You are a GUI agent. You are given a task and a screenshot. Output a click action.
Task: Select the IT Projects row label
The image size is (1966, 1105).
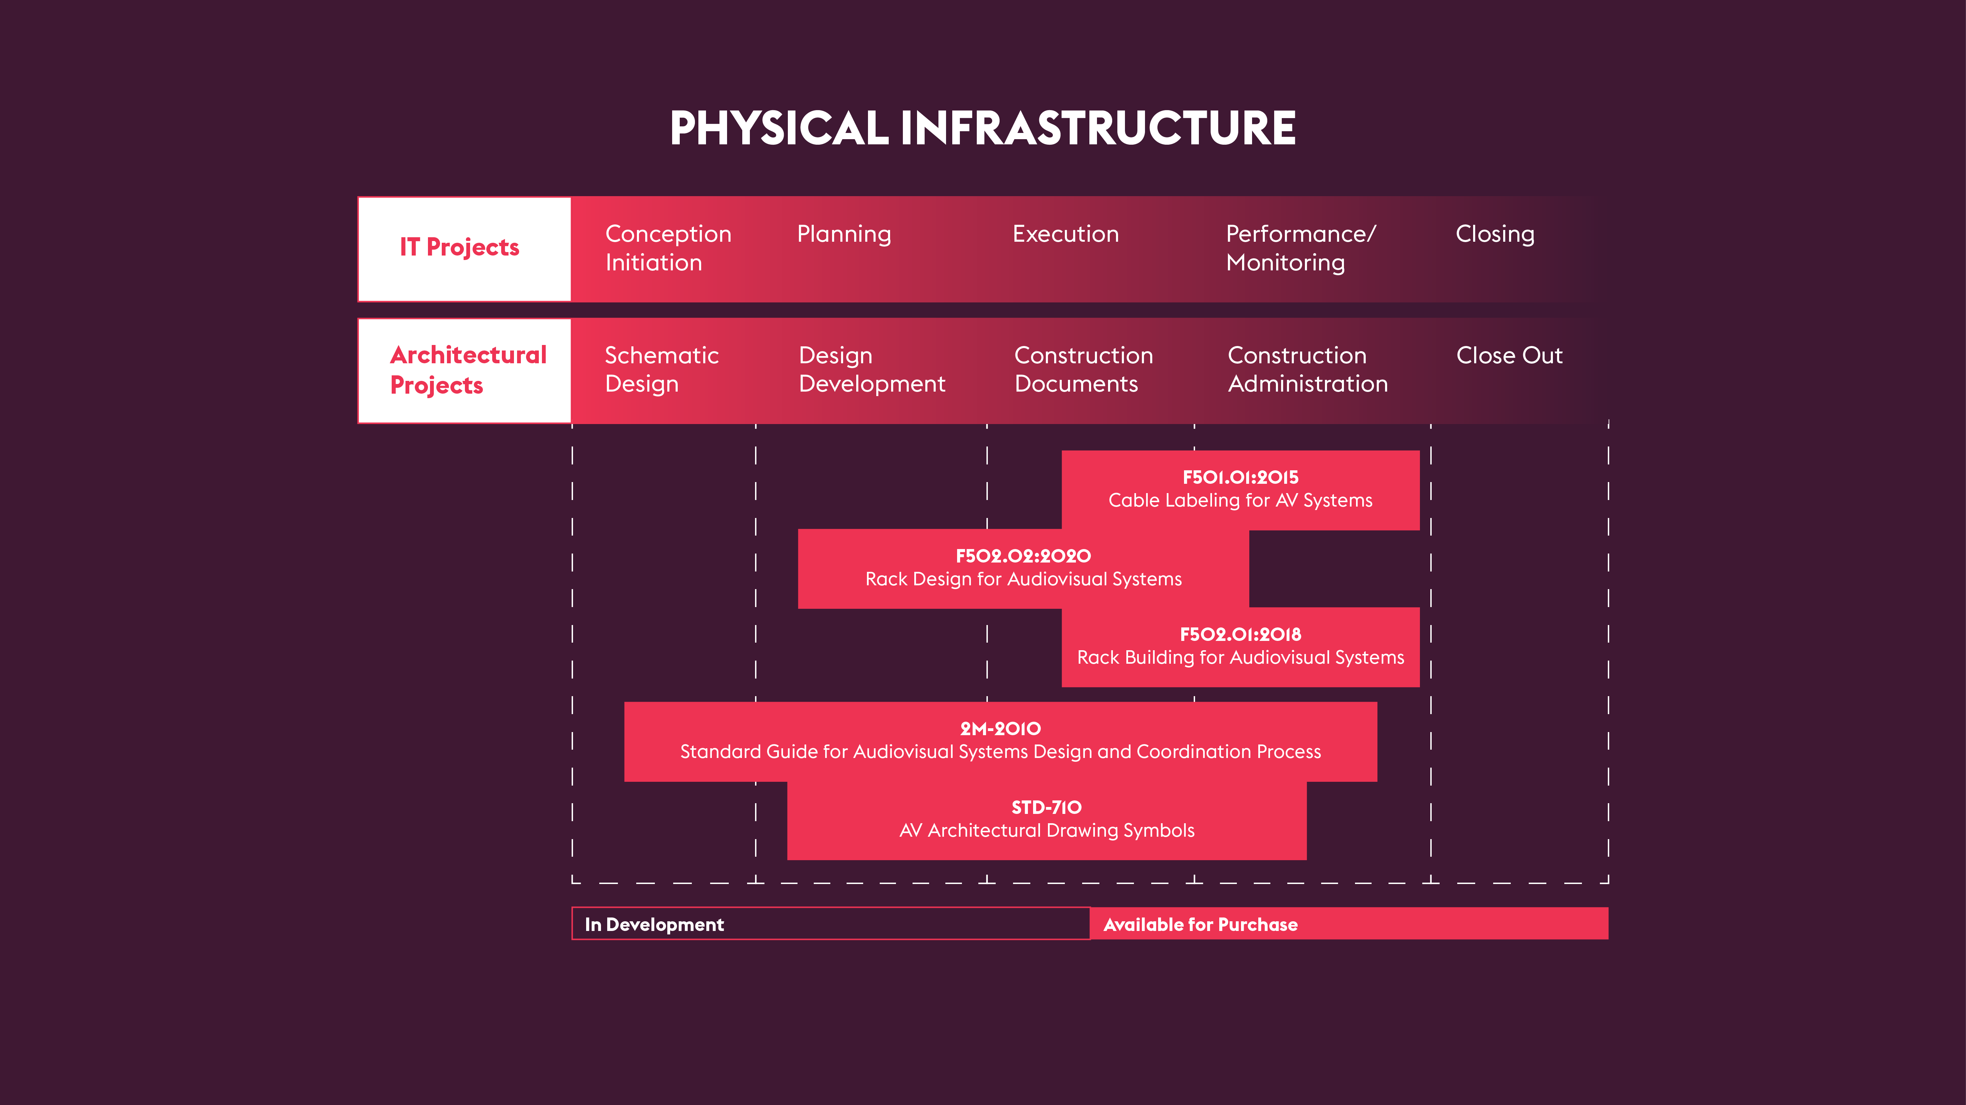459,247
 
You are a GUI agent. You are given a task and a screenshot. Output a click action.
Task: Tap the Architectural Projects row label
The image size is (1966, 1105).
468,370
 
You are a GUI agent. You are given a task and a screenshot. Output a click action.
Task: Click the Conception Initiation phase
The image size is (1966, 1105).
668,248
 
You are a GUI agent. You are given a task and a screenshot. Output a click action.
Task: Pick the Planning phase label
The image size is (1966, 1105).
843,233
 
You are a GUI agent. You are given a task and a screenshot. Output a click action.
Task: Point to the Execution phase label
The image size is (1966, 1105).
1066,233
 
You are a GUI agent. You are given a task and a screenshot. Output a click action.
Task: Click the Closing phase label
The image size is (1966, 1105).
1494,233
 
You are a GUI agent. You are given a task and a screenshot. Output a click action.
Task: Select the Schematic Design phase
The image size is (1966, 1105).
661,369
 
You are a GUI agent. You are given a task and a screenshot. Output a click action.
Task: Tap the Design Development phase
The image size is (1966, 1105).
871,369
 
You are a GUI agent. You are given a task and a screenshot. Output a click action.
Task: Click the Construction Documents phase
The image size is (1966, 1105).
1083,369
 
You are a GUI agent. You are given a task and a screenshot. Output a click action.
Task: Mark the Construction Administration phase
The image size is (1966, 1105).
1307,369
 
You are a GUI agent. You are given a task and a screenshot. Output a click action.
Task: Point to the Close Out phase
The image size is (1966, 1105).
1509,356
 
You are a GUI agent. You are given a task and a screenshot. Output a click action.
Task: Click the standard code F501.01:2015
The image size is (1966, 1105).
1240,478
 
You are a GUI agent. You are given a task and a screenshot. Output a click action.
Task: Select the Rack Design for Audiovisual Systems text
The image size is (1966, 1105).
1023,579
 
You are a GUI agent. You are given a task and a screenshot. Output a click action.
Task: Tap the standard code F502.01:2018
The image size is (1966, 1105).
1240,634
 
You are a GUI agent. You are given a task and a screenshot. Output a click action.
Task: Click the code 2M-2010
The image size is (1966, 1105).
1000,729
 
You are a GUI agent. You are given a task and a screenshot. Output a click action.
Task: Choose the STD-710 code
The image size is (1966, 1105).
1046,807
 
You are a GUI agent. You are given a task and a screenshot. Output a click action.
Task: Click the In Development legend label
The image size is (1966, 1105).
654,925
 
